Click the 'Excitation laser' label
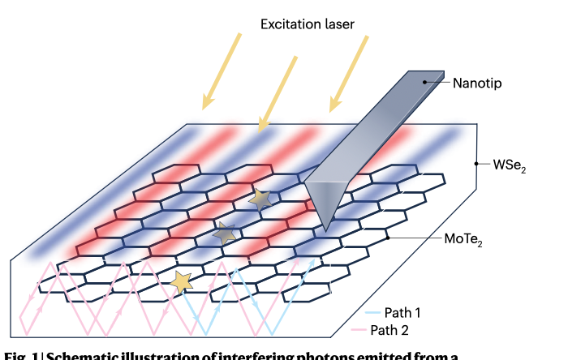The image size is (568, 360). pos(306,24)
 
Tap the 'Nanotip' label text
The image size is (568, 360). pos(477,82)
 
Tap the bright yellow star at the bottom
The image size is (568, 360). pos(182,281)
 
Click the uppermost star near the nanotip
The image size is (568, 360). pos(260,199)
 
